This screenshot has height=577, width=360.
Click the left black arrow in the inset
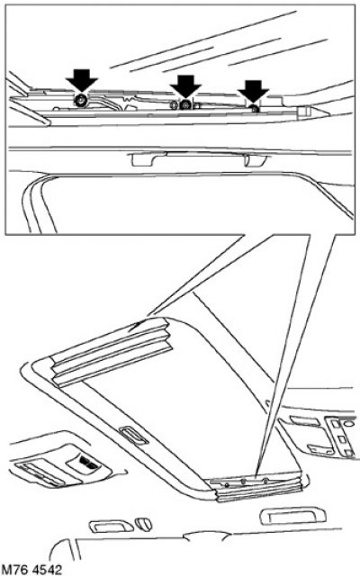click(82, 79)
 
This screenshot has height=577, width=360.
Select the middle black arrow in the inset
click(185, 86)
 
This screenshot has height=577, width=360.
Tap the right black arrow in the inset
click(253, 91)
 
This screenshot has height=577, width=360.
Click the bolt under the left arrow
click(81, 100)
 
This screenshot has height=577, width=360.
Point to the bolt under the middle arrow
click(184, 105)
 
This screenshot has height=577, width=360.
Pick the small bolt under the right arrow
click(255, 109)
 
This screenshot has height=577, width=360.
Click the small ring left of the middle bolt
click(174, 105)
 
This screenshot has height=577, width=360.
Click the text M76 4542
click(31, 570)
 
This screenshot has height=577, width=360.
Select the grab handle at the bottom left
click(111, 526)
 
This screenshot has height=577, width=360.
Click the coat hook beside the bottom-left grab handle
click(143, 524)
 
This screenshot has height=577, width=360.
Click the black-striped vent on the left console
click(87, 462)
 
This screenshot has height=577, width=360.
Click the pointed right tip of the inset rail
click(326, 112)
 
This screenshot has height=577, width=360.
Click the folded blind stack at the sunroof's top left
click(111, 353)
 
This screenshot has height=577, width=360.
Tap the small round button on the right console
click(348, 423)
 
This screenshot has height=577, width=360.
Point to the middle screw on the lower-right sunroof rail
click(243, 482)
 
